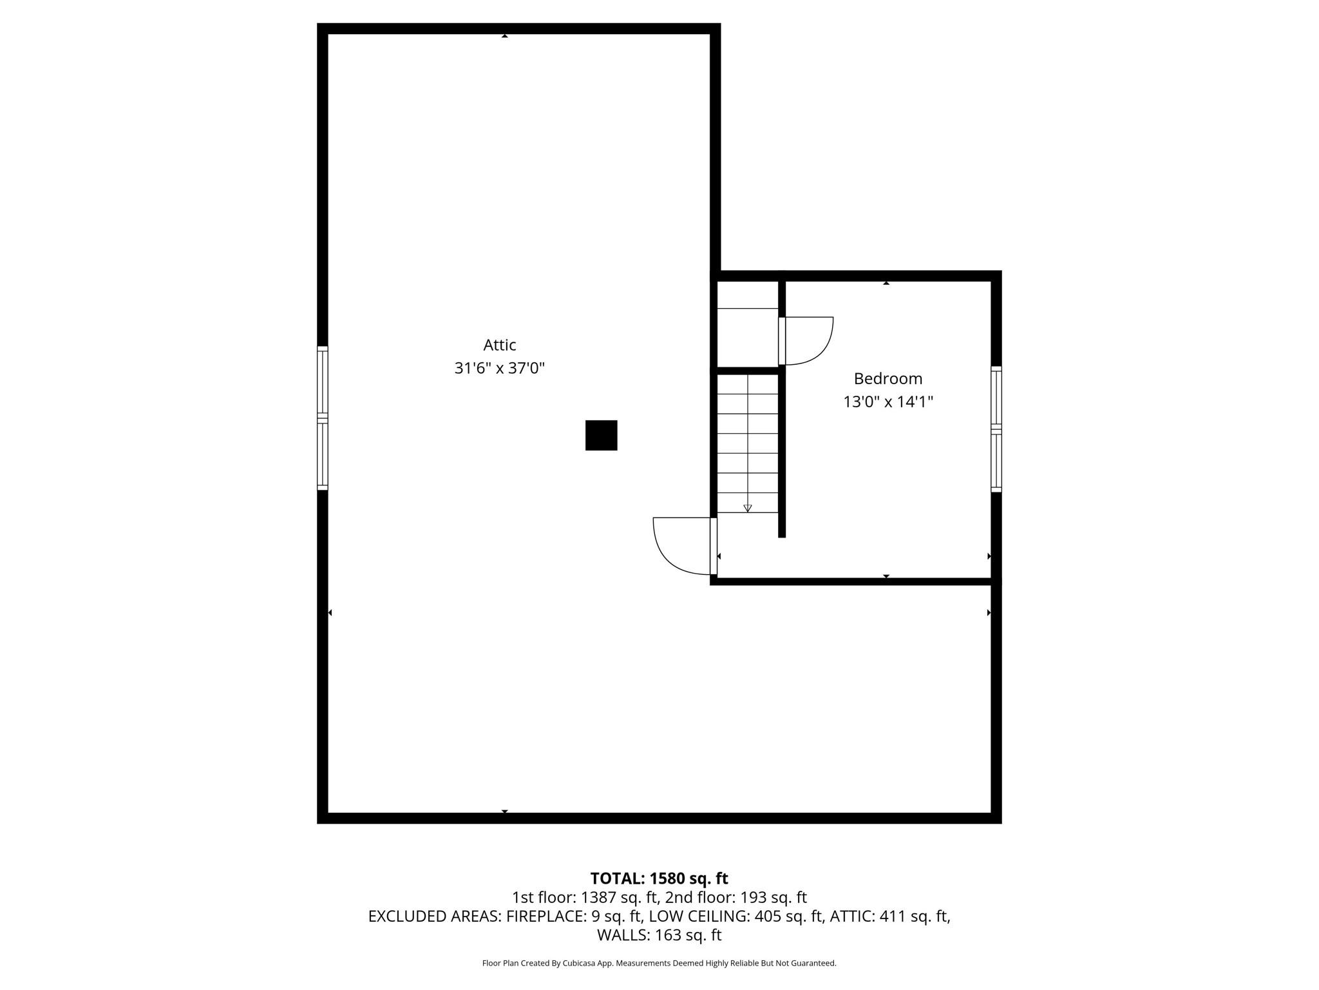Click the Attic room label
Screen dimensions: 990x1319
[x=500, y=345]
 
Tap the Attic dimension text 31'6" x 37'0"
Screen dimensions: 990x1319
[x=500, y=369]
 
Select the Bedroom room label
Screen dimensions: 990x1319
[x=887, y=378]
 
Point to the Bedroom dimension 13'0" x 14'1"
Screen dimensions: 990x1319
[x=888, y=402]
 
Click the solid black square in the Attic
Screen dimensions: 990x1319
[x=601, y=435]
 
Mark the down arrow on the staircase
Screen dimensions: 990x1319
[x=747, y=508]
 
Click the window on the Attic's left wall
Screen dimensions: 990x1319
[x=323, y=418]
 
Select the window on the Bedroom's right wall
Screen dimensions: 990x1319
[x=996, y=429]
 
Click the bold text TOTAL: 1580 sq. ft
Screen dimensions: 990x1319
[x=659, y=878]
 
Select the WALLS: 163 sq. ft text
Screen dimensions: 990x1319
[x=659, y=935]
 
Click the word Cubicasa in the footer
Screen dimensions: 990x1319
[x=578, y=963]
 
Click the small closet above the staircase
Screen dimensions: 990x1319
[x=747, y=337]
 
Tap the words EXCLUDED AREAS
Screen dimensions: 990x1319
[x=434, y=916]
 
